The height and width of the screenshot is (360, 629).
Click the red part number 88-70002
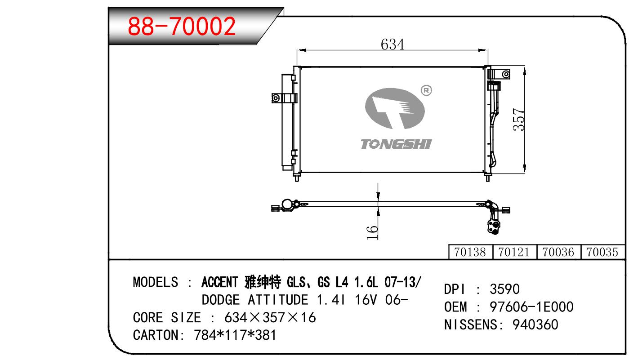[181, 26]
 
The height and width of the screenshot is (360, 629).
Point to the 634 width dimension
[393, 44]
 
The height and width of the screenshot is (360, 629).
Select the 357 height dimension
[518, 120]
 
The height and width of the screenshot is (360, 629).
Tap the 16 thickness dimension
[372, 232]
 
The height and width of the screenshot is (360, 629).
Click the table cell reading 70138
[470, 252]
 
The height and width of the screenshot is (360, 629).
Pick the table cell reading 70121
[514, 252]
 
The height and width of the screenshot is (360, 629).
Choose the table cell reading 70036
[558, 252]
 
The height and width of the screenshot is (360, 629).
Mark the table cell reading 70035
[602, 252]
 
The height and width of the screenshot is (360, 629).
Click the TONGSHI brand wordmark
[396, 144]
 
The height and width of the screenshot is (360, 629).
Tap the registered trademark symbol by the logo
[426, 90]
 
